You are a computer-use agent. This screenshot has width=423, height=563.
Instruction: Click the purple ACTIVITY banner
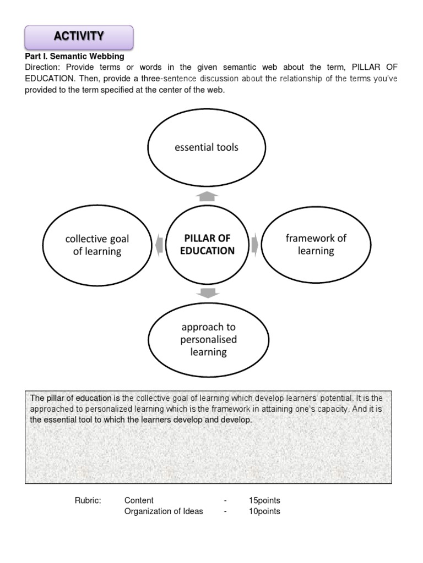click(x=79, y=37)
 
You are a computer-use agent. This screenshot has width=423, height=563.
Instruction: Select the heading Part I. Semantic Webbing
click(x=74, y=56)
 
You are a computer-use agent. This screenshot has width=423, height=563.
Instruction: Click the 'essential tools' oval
click(x=207, y=147)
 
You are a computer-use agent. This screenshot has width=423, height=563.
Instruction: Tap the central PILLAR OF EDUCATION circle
click(x=207, y=244)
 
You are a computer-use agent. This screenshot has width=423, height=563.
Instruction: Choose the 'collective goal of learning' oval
click(x=97, y=245)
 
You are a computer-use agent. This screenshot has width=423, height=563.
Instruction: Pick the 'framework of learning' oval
click(x=316, y=244)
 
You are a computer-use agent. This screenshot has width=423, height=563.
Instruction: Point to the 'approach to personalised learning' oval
click(x=208, y=339)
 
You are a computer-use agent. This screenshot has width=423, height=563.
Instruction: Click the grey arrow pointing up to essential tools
click(x=207, y=196)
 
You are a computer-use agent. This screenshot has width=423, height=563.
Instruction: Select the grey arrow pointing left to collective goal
click(x=159, y=245)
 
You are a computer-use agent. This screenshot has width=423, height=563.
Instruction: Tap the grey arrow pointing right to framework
click(x=255, y=244)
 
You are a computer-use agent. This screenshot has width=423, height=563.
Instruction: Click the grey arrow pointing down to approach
click(x=207, y=293)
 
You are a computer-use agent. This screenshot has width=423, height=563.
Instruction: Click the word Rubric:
click(x=88, y=500)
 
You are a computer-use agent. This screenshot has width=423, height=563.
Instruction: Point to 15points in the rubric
click(x=264, y=500)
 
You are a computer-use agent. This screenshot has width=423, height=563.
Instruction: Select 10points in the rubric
click(x=264, y=511)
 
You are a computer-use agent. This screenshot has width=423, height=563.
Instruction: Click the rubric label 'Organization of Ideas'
click(x=164, y=511)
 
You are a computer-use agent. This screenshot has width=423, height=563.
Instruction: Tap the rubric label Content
click(x=139, y=500)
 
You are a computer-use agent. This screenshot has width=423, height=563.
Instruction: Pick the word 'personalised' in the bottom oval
click(x=208, y=339)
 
